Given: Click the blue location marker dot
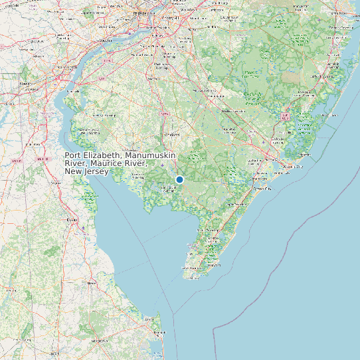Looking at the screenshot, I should (179, 179).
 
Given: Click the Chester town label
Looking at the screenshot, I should (104, 41).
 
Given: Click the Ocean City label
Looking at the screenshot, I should (263, 188).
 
